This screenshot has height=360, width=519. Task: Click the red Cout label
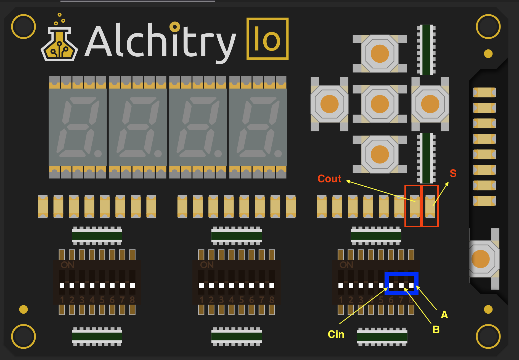tap(329, 179)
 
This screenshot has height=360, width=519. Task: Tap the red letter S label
tap(453, 173)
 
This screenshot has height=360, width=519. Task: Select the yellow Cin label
tap(336, 334)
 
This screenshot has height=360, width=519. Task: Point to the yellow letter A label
tap(444, 315)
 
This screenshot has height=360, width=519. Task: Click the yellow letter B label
tap(436, 330)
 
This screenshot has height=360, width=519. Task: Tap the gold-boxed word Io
tap(267, 39)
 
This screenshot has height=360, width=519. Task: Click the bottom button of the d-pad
tap(380, 154)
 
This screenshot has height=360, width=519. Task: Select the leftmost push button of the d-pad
tap(329, 104)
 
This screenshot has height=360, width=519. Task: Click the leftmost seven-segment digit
tap(78, 127)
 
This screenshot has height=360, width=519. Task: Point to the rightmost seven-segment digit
tap(258, 127)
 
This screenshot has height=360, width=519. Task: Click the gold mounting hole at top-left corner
tap(23, 27)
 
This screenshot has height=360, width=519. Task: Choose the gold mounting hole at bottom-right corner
tap(488, 336)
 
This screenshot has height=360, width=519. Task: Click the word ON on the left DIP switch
tap(67, 265)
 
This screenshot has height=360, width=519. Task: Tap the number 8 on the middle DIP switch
tap(272, 300)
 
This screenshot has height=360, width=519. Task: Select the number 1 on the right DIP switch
tap(341, 300)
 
